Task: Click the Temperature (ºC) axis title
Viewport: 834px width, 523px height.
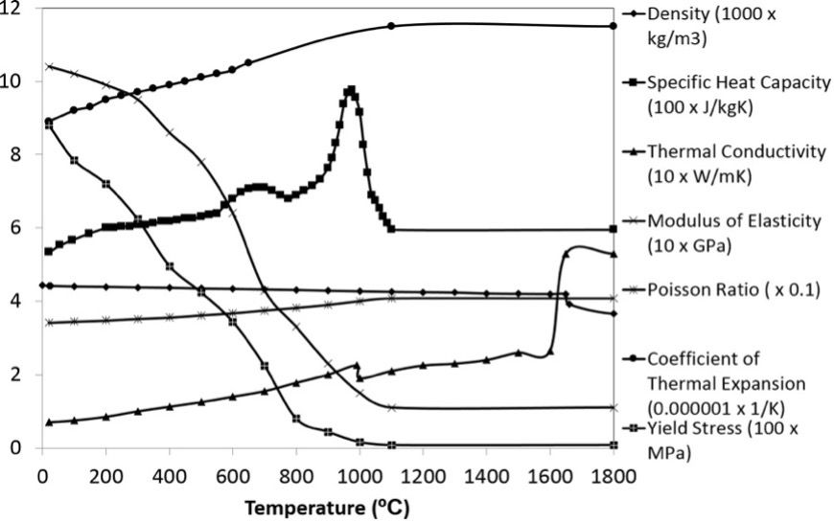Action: pos(327,507)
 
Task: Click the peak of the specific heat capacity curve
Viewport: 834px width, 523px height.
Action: pos(351,90)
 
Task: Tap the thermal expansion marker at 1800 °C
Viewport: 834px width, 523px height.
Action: pos(614,26)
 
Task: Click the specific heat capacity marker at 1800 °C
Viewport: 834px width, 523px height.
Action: pos(614,230)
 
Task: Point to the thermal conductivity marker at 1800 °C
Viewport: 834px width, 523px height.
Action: pos(614,254)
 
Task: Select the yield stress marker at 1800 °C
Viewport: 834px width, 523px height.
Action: pos(614,444)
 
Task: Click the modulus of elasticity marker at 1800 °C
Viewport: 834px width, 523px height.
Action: pos(614,407)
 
